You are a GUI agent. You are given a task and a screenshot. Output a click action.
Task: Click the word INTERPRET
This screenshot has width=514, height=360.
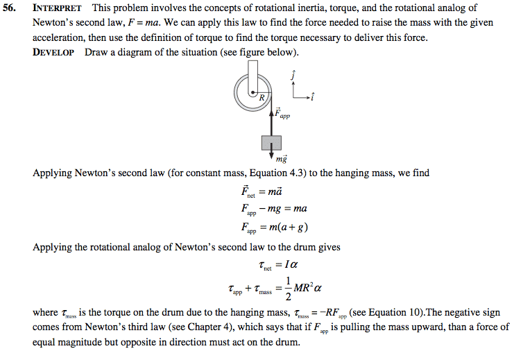click(57, 8)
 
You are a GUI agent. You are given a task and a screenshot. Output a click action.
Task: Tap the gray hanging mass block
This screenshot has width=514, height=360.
click(271, 142)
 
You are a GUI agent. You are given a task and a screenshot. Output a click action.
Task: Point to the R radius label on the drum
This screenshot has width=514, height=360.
click(261, 98)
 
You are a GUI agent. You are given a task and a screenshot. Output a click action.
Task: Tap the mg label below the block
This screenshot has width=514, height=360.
click(282, 160)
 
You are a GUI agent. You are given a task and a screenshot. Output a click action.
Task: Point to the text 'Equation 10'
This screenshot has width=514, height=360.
click(377, 313)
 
